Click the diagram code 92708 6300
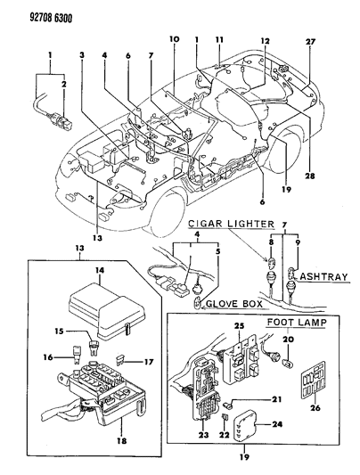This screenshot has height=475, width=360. click(x=51, y=19)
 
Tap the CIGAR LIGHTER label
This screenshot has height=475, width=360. click(x=232, y=224)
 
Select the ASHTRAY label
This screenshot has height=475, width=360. click(x=324, y=276)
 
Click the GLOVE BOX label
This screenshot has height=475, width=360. click(x=234, y=304)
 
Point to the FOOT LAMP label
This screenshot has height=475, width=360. click(x=297, y=323)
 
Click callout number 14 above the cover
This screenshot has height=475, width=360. click(x=100, y=270)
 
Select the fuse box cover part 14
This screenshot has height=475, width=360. click(x=107, y=309)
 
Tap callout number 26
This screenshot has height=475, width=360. click(x=315, y=408)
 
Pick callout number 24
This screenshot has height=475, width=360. click(x=277, y=424)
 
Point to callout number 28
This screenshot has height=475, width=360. click(x=310, y=176)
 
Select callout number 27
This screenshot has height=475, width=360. click(x=311, y=42)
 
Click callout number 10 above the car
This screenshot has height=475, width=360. click(x=175, y=39)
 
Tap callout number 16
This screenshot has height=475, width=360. click(x=48, y=357)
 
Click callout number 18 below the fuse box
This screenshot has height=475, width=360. click(x=121, y=440)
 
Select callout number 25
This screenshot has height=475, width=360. click(x=239, y=326)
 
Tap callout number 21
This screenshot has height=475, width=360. click(x=276, y=399)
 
